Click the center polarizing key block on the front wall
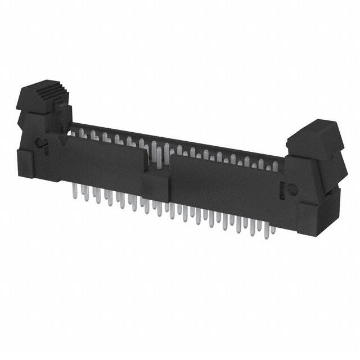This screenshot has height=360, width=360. click(156, 186)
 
